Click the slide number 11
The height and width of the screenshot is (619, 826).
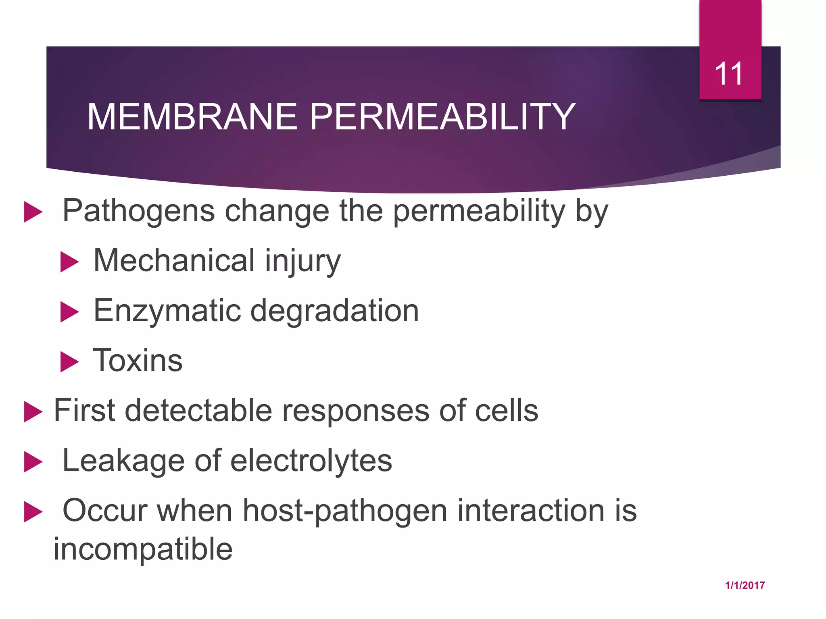point(729,74)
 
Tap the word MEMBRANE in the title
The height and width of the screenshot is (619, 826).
point(192,117)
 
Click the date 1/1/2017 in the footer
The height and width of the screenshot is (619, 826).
point(745,586)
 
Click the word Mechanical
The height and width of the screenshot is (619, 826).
point(174,261)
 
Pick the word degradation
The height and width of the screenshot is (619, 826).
point(334,311)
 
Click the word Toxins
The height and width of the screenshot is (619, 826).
point(138,360)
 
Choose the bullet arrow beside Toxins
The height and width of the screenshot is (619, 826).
point(69,361)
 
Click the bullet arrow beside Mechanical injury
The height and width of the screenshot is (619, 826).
point(69,262)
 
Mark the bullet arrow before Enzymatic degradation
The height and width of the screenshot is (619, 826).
point(69,312)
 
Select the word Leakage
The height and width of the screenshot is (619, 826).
point(123,461)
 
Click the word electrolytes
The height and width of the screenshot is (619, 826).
point(311,461)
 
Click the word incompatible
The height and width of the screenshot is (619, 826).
point(143,549)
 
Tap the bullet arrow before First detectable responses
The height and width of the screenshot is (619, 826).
point(33,412)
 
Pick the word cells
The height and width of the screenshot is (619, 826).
point(507,411)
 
